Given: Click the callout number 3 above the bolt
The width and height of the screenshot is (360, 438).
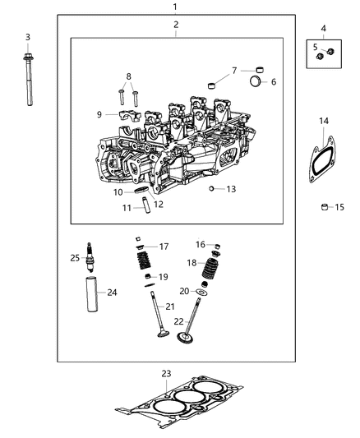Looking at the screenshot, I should point(27,37).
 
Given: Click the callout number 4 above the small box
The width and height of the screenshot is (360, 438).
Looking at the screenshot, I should point(323,29).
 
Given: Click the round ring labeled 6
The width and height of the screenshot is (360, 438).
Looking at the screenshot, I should point(256,82).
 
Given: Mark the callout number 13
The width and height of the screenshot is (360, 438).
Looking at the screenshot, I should point(231,188).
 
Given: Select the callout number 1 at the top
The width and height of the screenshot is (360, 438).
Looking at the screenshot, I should point(174,7).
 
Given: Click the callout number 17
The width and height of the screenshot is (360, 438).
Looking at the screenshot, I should point(164,246).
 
